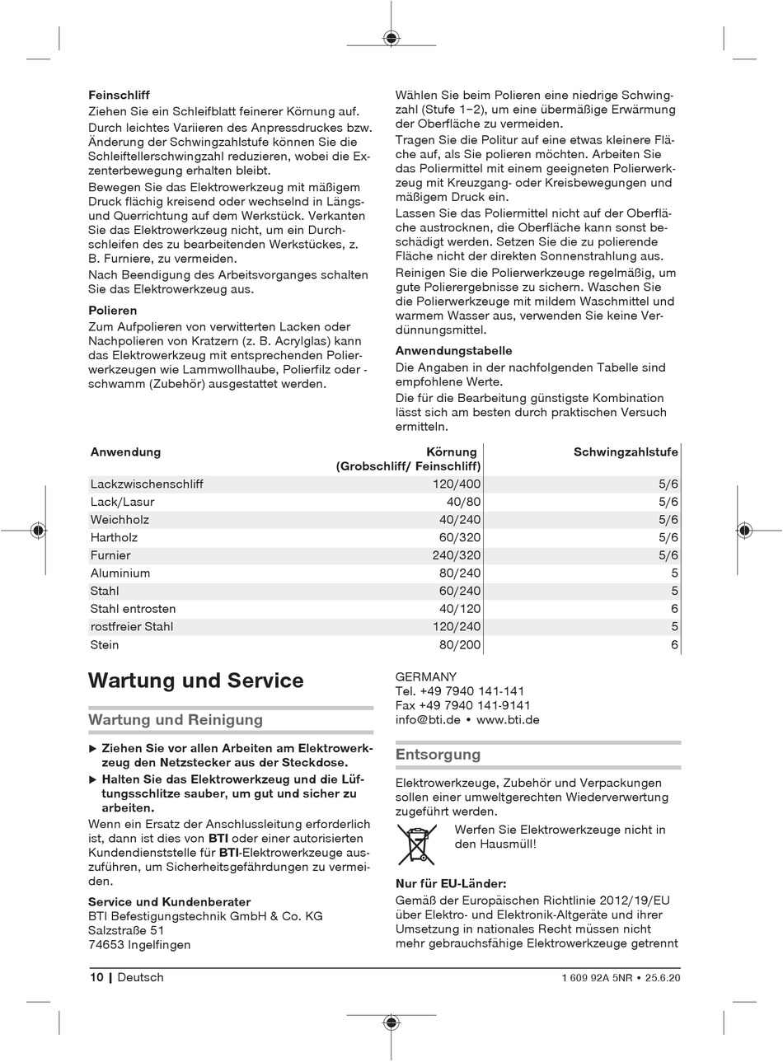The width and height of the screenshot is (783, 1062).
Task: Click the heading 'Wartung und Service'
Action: (196, 681)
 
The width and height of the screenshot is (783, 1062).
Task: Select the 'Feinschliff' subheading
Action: (119, 96)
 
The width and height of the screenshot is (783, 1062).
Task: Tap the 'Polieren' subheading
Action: (113, 311)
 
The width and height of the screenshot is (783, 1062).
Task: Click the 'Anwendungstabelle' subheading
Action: (453, 350)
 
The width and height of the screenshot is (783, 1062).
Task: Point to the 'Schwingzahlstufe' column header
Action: (626, 451)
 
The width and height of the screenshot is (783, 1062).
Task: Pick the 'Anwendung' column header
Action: (125, 451)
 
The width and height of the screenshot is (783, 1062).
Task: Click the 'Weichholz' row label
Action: (120, 520)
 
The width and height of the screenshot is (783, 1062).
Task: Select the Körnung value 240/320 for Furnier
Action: (457, 555)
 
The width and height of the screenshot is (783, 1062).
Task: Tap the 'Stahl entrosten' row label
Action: (133, 609)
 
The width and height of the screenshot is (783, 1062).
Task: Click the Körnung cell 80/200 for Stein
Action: (463, 645)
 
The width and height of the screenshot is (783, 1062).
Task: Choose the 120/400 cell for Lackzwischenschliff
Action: (457, 484)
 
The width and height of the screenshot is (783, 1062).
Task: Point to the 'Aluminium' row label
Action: (120, 573)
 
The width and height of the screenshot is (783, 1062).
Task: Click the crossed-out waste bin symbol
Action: (417, 844)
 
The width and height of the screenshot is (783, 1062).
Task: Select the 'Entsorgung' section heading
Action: (438, 755)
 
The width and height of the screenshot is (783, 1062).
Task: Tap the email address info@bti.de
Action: (428, 719)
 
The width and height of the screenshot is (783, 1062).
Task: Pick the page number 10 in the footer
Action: (96, 977)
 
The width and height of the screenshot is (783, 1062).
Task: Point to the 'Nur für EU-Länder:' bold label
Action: (451, 884)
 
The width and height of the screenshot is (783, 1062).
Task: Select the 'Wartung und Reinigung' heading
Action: (176, 720)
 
